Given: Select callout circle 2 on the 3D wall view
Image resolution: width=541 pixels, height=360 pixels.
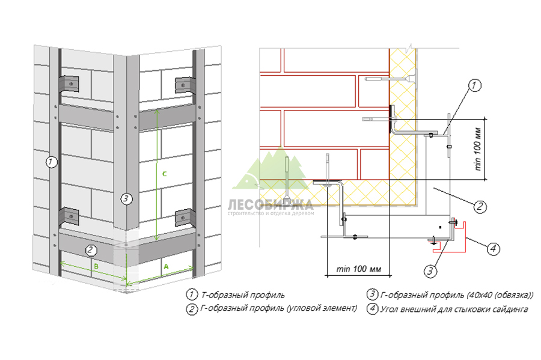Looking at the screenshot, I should coord(90,249).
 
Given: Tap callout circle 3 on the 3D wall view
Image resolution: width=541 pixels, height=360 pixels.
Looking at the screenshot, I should coord(125,199).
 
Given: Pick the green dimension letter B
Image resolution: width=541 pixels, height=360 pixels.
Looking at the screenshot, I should coord(94,264).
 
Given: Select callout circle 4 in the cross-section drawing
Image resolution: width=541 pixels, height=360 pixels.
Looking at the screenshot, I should coord(492,247).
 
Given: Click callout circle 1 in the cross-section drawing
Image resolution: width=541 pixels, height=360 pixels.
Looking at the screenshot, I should coord(474,85).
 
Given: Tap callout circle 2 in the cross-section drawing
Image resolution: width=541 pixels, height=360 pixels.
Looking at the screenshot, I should coord(480,207).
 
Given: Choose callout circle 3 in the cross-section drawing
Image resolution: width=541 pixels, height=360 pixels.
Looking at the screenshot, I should coord(430,271).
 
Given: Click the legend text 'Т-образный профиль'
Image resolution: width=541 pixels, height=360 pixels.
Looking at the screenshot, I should coord(243,295).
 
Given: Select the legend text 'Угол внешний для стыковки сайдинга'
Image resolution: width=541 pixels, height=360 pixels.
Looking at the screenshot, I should coord(453,309).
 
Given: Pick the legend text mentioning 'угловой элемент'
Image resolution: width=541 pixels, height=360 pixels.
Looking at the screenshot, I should coord(279,309).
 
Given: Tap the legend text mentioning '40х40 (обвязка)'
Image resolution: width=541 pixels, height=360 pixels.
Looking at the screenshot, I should coord(457,295).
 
